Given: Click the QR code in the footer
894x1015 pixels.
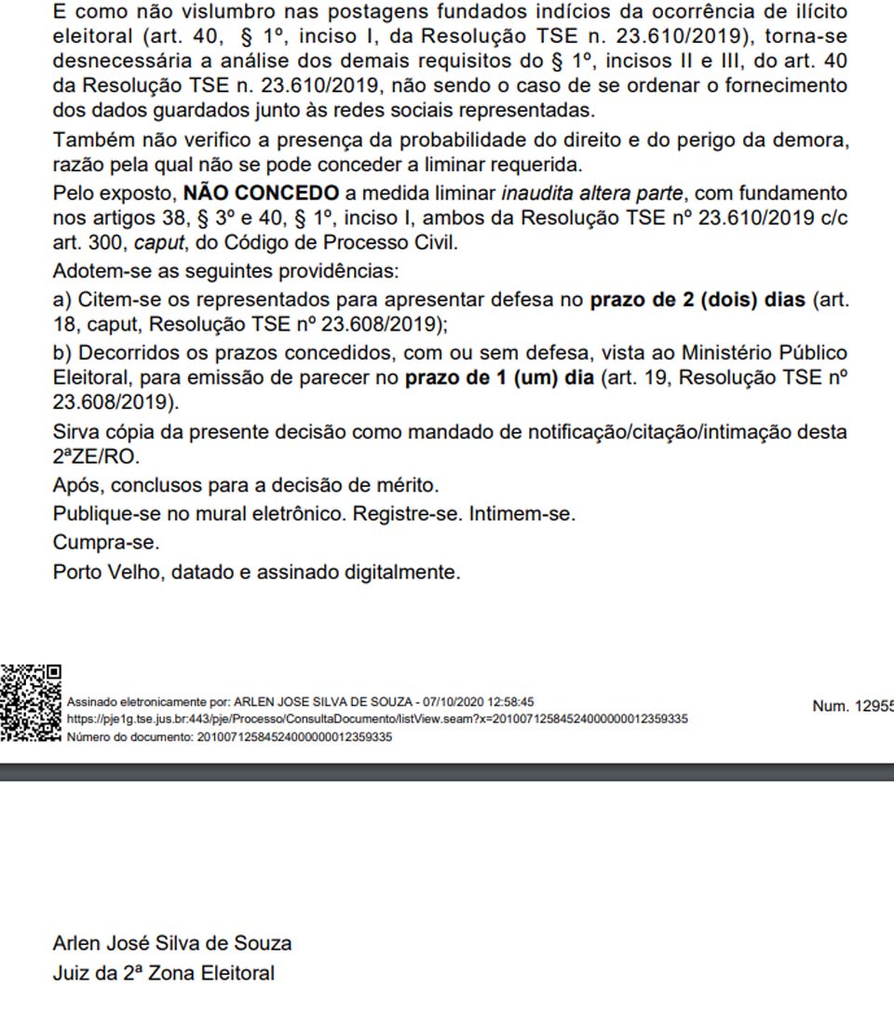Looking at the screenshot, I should [31, 702].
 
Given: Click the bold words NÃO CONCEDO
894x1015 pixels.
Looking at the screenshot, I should [262, 194].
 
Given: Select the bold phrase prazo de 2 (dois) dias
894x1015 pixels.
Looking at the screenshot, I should [699, 302].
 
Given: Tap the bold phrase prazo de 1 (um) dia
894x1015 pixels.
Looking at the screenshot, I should [499, 379].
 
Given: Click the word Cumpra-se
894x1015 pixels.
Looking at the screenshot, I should [106, 542].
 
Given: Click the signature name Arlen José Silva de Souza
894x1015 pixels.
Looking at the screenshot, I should [172, 943].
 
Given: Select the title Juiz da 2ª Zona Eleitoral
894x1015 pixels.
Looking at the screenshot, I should [164, 974].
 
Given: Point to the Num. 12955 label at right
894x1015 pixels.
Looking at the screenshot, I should [852, 706].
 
